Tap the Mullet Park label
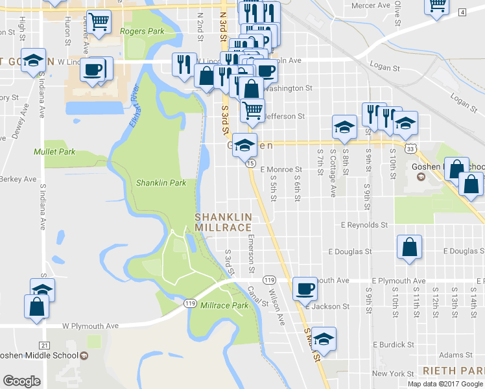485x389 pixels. [55, 152]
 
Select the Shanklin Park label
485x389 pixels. [161, 183]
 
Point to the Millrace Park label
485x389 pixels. [224, 305]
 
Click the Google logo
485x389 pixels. [21, 381]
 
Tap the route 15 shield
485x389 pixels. [249, 163]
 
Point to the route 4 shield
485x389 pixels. [462, 12]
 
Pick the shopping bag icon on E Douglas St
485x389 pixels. [409, 247]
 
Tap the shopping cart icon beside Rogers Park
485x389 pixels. [99, 21]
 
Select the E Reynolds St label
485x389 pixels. [364, 225]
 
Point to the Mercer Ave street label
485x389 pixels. [370, 5]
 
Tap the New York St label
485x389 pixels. [393, 373]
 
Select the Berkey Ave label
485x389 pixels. [18, 179]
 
